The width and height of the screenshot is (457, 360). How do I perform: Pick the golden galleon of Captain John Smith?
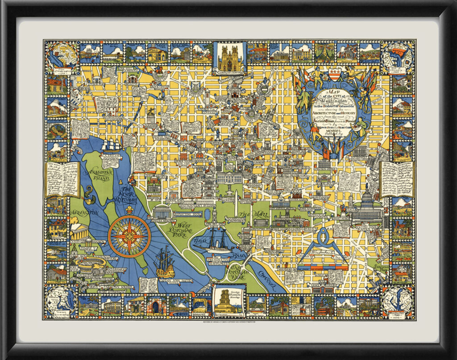tap(165, 264)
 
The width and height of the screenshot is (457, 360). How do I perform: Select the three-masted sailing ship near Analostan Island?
tap(110, 145)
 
